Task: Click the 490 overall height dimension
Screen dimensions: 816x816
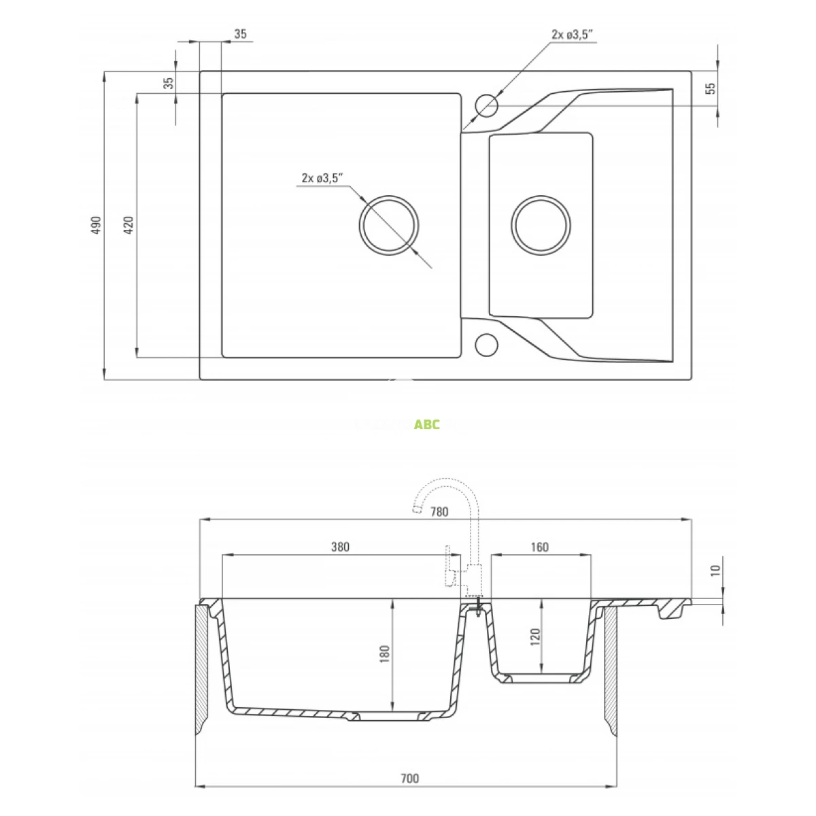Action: tap(96, 225)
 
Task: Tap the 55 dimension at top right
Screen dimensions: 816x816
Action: tap(711, 88)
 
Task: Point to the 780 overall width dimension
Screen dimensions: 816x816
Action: tap(440, 512)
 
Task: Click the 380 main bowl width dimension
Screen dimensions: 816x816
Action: tap(340, 547)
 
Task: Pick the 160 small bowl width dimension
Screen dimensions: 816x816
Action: tap(539, 547)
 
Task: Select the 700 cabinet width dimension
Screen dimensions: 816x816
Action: tap(409, 779)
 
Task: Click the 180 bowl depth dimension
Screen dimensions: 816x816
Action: tap(385, 654)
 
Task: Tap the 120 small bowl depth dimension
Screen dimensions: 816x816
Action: tap(534, 636)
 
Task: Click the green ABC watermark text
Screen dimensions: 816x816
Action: tap(427, 424)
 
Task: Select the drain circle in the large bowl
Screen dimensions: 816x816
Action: tap(389, 225)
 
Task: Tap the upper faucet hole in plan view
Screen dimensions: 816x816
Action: tap(486, 105)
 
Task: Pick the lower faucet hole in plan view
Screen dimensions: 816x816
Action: tap(486, 345)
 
